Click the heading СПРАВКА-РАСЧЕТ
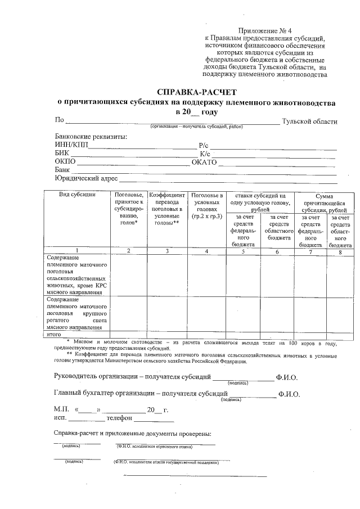197,92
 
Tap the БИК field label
62,154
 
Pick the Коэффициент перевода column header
166,208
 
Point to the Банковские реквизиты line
91,137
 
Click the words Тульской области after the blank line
309,121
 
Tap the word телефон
120,418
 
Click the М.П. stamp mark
61,409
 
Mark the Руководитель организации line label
132,377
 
